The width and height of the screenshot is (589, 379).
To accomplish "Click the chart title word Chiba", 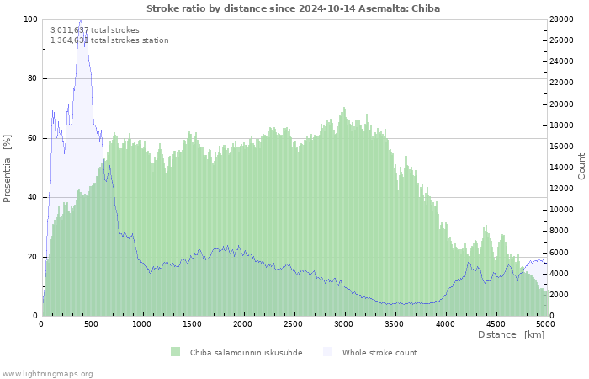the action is (426, 8).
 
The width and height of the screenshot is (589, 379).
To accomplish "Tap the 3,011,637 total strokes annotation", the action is (95, 30).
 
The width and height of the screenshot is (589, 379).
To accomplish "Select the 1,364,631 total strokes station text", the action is (109, 40).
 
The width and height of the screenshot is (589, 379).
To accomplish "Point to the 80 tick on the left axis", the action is (32, 78).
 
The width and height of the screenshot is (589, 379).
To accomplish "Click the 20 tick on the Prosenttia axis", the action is (32, 257).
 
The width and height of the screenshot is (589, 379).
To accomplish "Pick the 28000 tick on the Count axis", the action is (561, 19).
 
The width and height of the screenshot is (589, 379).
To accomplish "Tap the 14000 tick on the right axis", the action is (561, 168).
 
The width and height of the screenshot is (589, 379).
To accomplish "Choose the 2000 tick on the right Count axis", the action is (560, 295).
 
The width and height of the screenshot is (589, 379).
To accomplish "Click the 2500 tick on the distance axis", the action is (293, 324).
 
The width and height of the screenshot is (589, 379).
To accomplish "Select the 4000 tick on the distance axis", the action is (445, 324).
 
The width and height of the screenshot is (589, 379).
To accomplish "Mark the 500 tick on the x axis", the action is (91, 324).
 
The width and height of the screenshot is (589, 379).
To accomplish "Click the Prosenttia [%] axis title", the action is (7, 168).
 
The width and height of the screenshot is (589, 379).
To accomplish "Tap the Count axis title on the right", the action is (581, 166).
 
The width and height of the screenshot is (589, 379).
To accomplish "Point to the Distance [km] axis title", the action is (511, 334).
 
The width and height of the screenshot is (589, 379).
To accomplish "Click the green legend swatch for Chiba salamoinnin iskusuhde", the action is (175, 352).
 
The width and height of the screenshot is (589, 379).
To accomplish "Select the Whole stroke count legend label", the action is (379, 353).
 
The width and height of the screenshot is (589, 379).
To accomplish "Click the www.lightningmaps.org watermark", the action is (46, 374).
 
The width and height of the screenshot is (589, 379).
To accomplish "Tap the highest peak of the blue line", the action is (81, 20).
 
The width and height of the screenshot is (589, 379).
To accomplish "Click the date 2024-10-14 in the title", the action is (326, 8).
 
